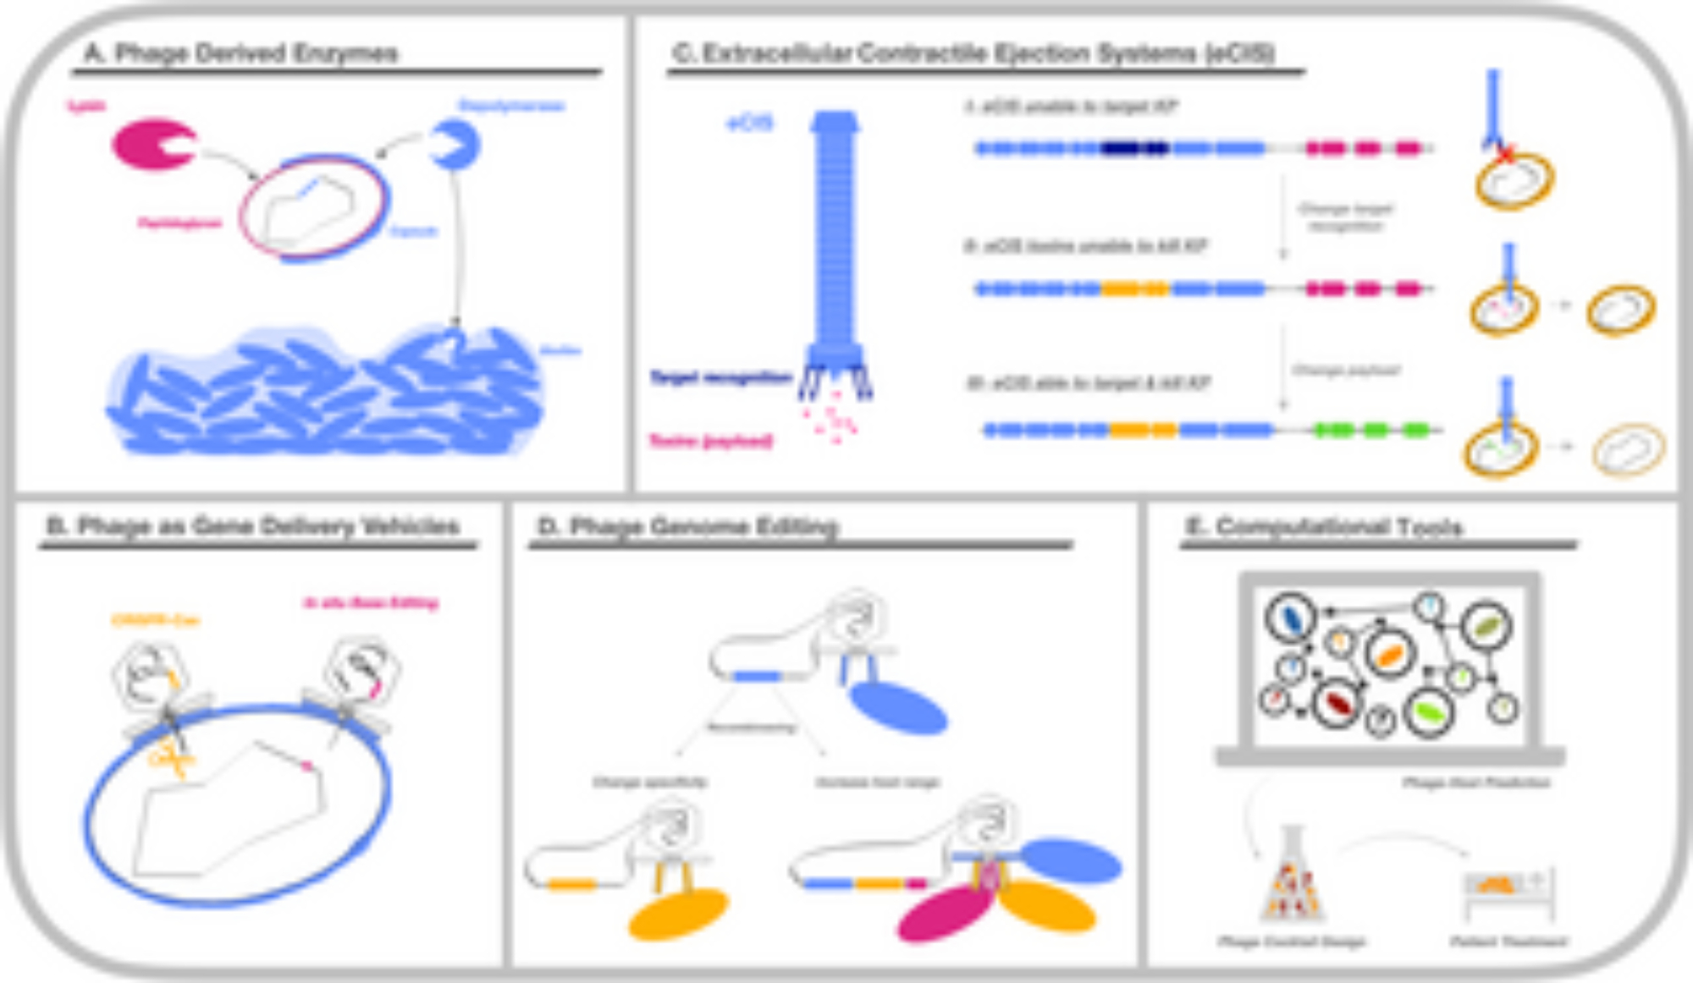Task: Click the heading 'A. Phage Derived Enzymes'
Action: coord(241,53)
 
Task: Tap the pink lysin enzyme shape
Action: coord(151,144)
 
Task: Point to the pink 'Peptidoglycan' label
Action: coord(180,223)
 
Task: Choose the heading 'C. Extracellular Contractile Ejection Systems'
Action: coord(973,53)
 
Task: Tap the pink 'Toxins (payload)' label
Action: coord(711,441)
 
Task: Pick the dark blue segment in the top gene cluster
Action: coord(1134,149)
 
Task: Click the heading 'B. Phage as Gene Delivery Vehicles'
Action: coord(252,526)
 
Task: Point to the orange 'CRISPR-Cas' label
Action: coord(155,621)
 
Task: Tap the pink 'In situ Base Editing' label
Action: coord(371,603)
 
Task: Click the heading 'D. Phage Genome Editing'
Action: coord(687,526)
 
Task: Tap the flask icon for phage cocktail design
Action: coord(1292,880)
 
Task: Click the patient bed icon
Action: coord(1509,892)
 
